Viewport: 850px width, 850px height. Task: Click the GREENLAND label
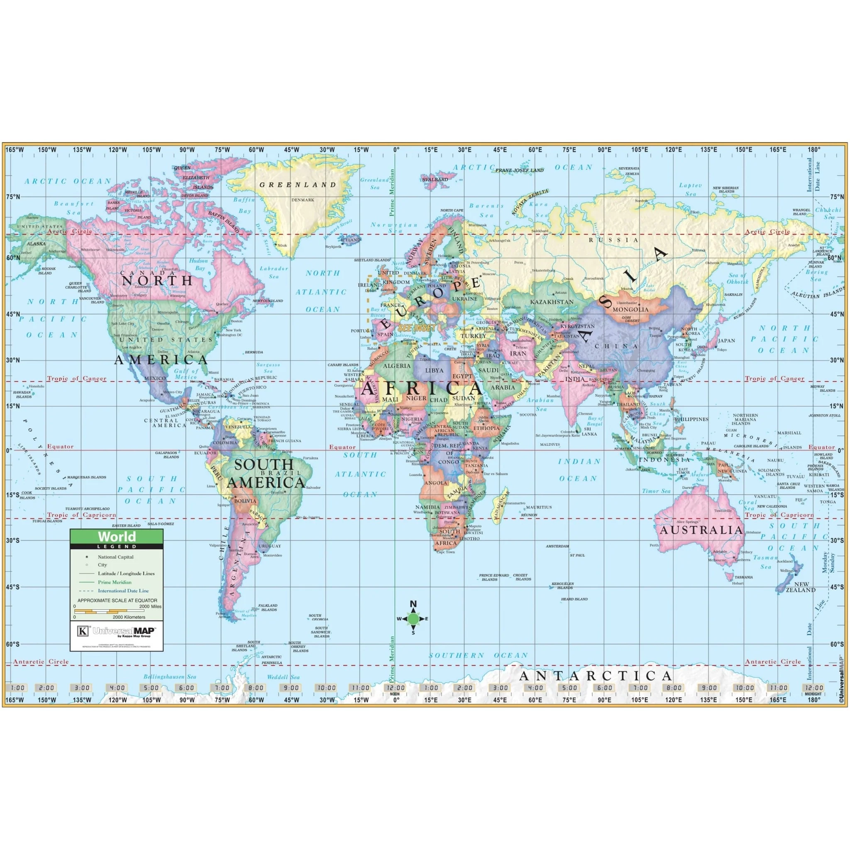(x=298, y=185)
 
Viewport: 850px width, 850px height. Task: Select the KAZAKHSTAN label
(x=552, y=302)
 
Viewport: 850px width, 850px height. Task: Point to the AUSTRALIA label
(x=701, y=530)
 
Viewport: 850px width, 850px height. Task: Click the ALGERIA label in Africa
(x=396, y=366)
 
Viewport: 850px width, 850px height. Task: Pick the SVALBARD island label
(x=435, y=179)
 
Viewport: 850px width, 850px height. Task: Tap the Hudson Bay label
(x=199, y=264)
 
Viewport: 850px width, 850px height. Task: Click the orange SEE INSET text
(x=417, y=328)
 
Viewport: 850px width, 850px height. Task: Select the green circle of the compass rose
(x=413, y=618)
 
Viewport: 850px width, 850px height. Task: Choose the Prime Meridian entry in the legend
(x=115, y=582)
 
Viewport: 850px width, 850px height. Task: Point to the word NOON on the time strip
(x=395, y=694)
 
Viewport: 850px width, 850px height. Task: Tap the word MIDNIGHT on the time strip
(x=813, y=694)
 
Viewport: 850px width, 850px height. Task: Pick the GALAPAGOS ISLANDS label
(x=167, y=454)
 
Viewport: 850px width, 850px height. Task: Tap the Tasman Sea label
(x=765, y=562)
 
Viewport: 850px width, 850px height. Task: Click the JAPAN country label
(x=726, y=340)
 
